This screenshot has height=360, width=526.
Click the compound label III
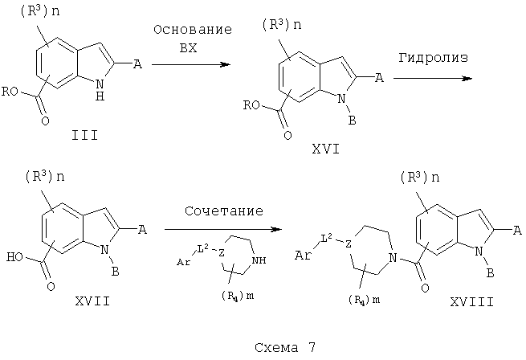tap(84, 136)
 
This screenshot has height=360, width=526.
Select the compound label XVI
tap(326, 149)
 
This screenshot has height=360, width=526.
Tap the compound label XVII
tap(92, 301)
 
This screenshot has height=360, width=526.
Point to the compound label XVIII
tap(471, 302)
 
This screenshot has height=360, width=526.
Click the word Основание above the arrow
tap(193, 30)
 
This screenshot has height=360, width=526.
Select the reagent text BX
tap(188, 48)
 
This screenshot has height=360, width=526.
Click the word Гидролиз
tap(433, 58)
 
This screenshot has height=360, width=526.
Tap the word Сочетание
tap(224, 211)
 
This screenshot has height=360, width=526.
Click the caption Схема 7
tap(285, 347)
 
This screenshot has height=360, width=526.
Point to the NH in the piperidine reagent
tap(259, 260)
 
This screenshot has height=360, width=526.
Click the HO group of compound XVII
tap(14, 257)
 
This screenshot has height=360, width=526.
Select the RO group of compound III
tap(10, 92)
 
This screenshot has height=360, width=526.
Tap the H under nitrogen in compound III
tap(100, 96)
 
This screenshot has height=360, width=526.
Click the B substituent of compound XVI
tap(352, 121)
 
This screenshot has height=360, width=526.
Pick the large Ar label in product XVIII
tap(303, 256)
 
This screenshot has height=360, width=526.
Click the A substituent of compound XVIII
tap(518, 231)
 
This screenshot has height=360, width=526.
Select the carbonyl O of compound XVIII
tap(425, 288)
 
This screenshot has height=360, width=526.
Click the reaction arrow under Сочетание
tap(223, 229)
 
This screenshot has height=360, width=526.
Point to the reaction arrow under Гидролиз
tap(433, 78)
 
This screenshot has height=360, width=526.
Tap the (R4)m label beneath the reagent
tap(238, 296)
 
